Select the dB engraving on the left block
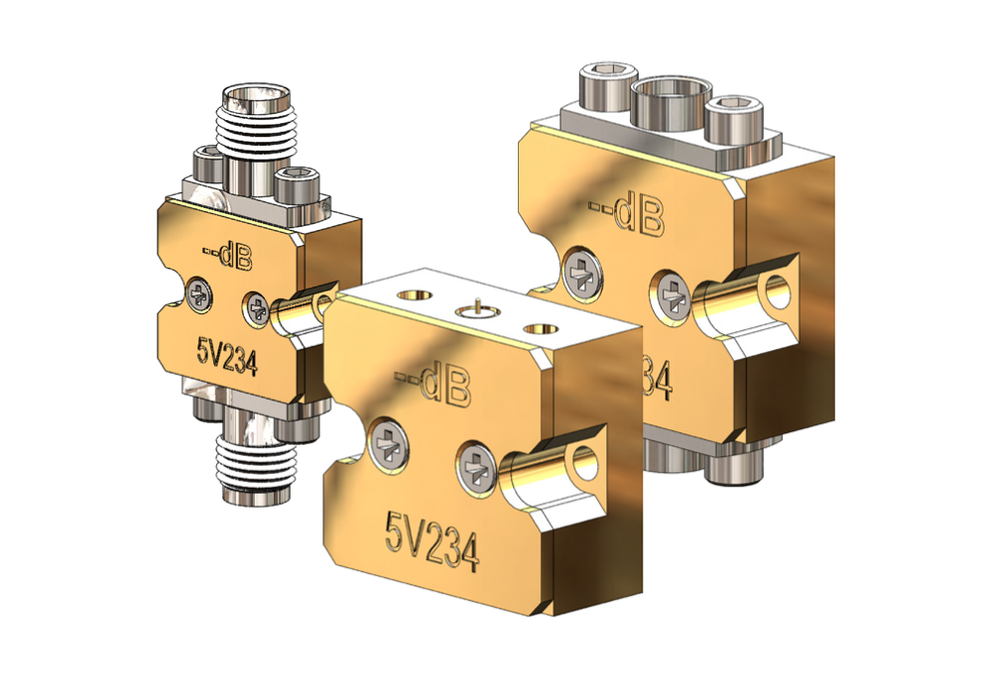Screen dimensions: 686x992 pos(229,258)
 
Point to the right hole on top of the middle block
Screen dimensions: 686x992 pos(540,327)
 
